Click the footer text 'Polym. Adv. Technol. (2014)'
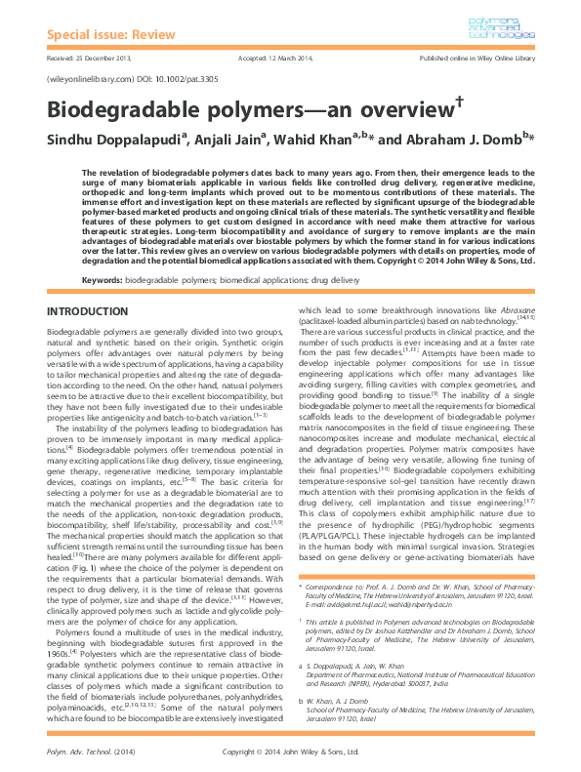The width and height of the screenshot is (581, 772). point(89,752)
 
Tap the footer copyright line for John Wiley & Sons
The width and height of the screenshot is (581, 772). point(290,752)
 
